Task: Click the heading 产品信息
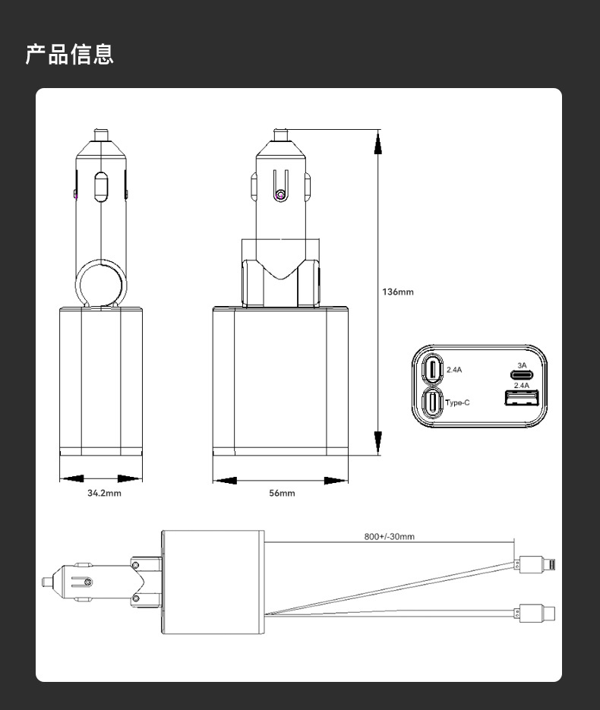click(69, 55)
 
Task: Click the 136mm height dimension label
click(397, 292)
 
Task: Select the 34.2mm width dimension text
click(104, 493)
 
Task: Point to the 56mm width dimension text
click(282, 493)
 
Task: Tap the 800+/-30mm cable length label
click(389, 537)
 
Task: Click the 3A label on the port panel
click(521, 365)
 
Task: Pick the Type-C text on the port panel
click(456, 402)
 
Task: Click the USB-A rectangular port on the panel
click(521, 399)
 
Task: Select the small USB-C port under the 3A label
click(521, 375)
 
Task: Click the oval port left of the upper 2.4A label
click(432, 370)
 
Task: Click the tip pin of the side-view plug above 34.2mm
click(100, 134)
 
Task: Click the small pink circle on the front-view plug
click(281, 196)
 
